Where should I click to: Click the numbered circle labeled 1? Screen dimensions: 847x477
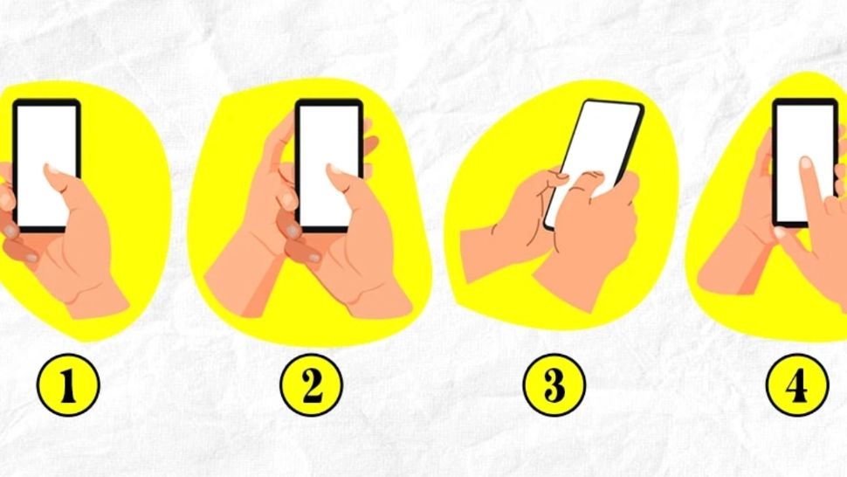[68, 384]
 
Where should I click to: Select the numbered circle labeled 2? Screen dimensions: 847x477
[311, 384]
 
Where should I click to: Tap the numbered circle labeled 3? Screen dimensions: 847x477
[554, 384]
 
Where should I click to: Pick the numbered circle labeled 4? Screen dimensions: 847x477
[798, 384]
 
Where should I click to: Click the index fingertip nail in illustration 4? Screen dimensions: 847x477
[806, 162]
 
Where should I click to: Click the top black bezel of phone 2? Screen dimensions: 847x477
[329, 102]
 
